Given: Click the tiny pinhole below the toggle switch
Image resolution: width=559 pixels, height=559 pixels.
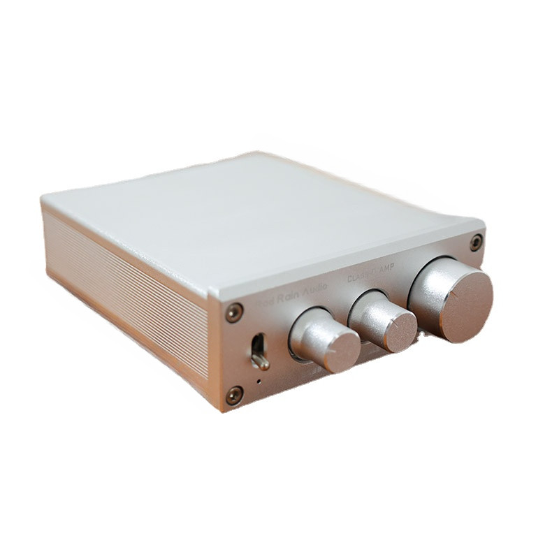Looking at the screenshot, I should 259,382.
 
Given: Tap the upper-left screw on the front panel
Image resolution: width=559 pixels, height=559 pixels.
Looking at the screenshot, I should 235,312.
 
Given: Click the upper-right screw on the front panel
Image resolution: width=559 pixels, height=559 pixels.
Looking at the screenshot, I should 476,242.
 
